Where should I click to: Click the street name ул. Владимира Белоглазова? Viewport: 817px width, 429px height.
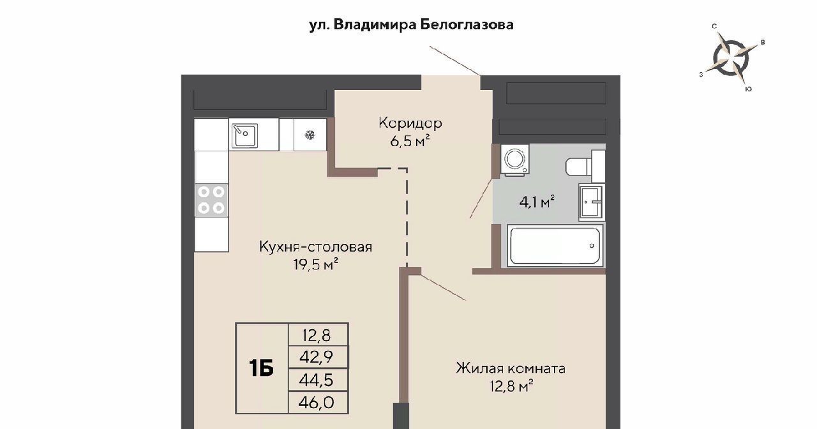411,25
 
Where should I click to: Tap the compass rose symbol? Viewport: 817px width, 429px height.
731,58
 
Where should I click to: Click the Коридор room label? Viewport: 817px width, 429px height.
410,123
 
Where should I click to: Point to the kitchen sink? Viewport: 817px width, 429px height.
244,135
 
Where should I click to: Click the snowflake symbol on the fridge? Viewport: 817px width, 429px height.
310,135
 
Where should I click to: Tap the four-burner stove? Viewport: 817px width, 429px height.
211,200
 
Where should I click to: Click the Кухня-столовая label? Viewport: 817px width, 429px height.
315,247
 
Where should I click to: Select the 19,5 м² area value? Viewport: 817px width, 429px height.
315,264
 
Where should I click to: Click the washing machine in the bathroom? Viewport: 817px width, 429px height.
514,160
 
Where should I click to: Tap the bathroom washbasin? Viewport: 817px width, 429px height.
591,202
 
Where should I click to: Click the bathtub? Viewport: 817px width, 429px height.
555,246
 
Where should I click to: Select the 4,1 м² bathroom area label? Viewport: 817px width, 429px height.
537,201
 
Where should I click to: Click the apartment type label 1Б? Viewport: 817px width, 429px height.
261,368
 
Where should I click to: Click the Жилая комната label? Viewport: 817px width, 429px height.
511,368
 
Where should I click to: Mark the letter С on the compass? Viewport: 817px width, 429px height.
714,26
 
